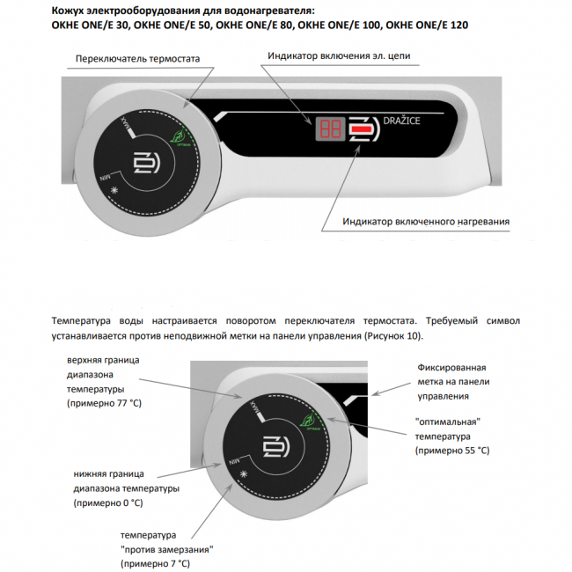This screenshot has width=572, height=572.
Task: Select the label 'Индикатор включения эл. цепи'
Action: (339, 55)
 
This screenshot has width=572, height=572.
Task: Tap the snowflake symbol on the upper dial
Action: (114, 199)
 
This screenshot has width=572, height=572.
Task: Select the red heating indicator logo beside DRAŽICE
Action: (361, 129)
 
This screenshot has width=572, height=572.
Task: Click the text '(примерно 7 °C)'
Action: (156, 562)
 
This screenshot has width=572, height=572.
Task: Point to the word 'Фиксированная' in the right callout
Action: (451, 367)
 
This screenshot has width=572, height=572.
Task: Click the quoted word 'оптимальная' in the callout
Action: (451, 422)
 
